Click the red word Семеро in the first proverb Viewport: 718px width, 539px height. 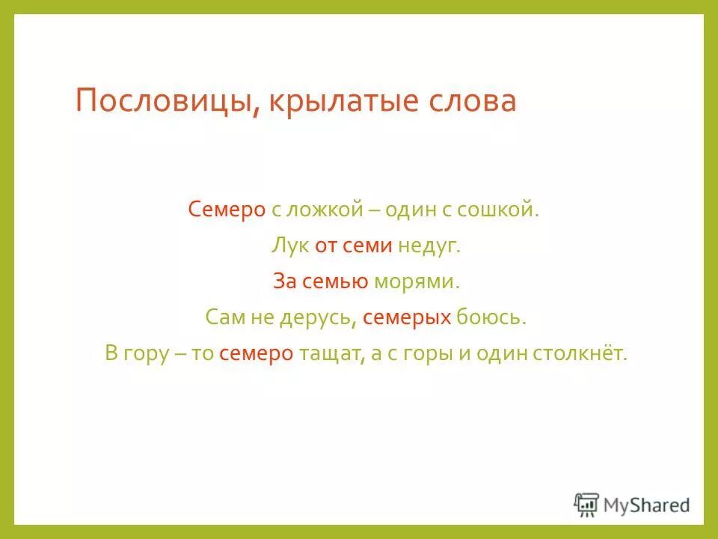(227, 210)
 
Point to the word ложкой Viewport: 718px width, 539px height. (323, 210)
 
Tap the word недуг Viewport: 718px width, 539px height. (430, 246)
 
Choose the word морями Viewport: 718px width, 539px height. (415, 281)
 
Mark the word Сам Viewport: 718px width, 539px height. (224, 317)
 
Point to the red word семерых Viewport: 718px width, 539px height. (407, 317)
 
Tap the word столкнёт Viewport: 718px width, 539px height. (580, 353)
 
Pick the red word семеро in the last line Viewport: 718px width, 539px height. (256, 353)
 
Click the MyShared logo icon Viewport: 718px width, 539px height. (586, 504)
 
